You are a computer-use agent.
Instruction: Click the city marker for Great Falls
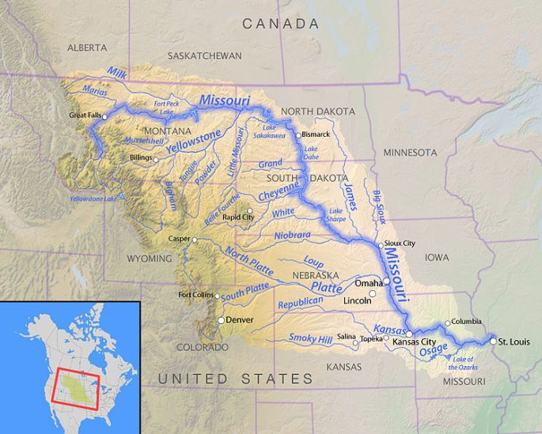tap(105, 116)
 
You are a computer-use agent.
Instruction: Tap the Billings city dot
tap(156, 159)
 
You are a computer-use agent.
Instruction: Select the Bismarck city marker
tap(298, 135)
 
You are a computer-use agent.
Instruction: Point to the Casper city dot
tap(195, 238)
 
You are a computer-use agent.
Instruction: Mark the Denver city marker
tap(222, 320)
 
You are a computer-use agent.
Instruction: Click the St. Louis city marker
tap(493, 341)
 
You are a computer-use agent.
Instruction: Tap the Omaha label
tap(369, 282)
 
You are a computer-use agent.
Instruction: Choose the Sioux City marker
tap(381, 245)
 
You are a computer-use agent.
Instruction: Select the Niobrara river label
tap(293, 235)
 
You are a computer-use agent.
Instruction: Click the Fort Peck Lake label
tap(166, 106)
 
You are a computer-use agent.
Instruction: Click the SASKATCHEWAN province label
tap(204, 56)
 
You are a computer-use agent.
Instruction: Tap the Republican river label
tap(301, 304)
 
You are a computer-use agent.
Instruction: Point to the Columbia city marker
tap(447, 323)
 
